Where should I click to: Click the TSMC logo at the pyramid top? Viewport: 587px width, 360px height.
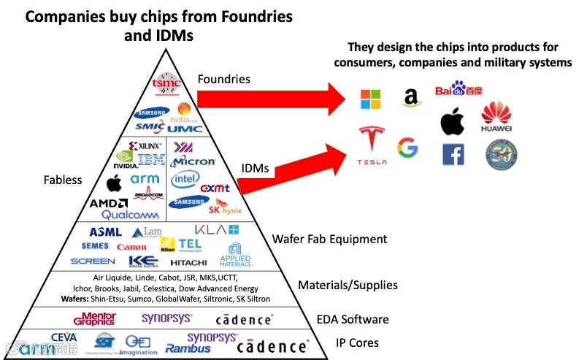pos(166,85)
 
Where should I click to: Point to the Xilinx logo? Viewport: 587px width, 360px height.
pos(145,146)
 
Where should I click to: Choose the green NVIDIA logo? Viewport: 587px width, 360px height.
pos(126,160)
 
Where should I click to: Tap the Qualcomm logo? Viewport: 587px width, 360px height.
pos(130,215)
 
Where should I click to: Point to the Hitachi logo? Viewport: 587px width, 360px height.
pos(188,262)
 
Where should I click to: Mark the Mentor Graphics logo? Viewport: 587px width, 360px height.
pos(95,318)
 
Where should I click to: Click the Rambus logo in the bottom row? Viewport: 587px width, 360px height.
pos(188,348)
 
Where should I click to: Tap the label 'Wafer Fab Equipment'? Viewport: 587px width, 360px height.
pos(329,239)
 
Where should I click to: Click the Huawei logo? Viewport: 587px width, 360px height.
pos(496,117)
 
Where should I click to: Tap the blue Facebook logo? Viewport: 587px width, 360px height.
pos(453,155)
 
